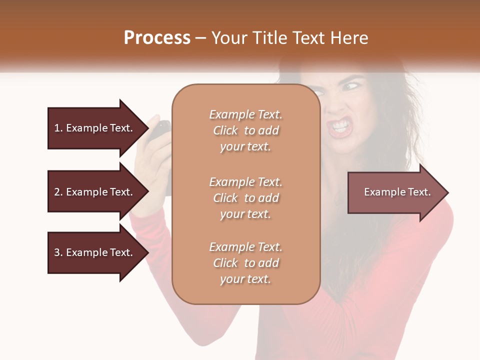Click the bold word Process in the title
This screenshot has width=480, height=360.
click(x=157, y=37)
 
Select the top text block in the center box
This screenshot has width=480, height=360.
click(x=245, y=130)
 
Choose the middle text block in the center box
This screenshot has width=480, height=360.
click(x=245, y=198)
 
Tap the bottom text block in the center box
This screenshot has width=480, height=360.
click(x=245, y=263)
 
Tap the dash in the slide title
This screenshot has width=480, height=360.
click(x=200, y=38)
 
